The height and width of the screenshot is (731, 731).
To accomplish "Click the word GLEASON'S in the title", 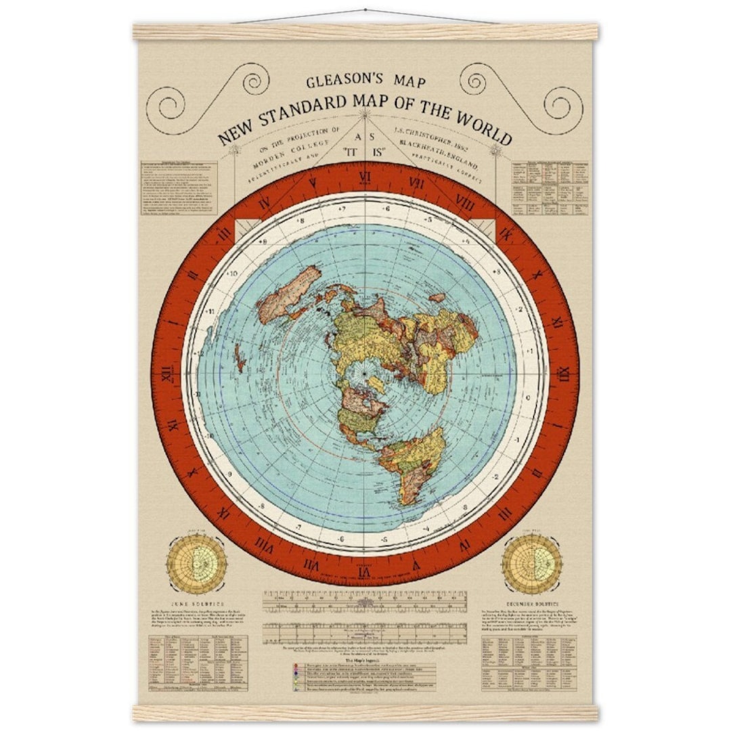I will click(x=337, y=83).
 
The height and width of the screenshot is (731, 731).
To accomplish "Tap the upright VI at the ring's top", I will click(x=365, y=181).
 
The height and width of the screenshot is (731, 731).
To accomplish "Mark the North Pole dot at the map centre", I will click(x=364, y=374).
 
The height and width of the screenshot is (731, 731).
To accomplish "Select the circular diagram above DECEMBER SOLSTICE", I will click(x=533, y=563).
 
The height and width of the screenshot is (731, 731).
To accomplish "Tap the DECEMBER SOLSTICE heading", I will click(x=532, y=602).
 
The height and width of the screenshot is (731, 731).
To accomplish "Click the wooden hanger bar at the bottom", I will click(x=365, y=712).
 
